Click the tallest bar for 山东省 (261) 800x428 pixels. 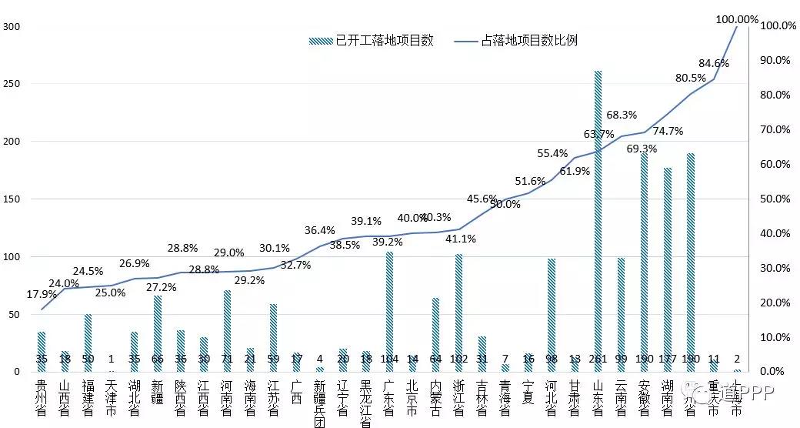click(x=598, y=216)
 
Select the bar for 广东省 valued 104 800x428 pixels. click(x=389, y=308)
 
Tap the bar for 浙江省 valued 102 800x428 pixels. click(x=458, y=308)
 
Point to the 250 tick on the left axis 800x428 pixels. click(x=12, y=84)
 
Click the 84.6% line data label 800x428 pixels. click(x=714, y=63)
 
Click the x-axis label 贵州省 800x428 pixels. click(x=42, y=396)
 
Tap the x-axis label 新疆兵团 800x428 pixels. click(x=319, y=400)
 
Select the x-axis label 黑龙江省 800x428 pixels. click(x=365, y=400)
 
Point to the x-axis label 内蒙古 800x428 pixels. click(x=435, y=396)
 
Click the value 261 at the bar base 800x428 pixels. click(x=598, y=359)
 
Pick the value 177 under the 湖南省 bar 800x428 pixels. click(x=667, y=359)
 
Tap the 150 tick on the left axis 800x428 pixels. click(x=12, y=199)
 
